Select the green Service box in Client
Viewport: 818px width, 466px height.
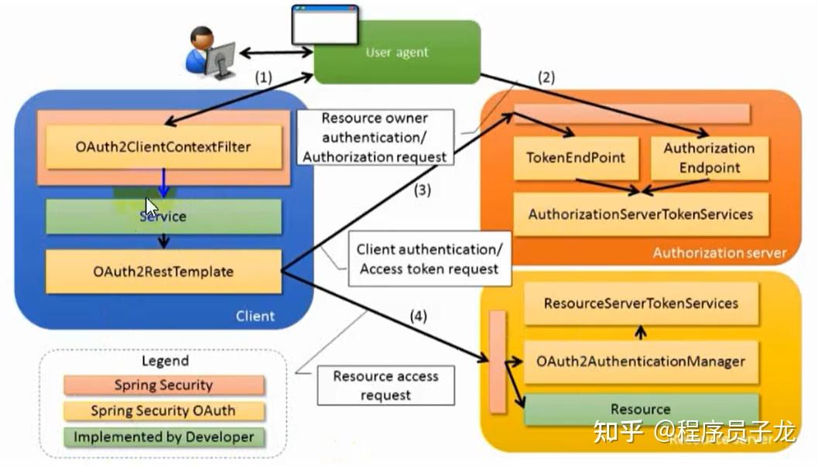(x=163, y=217)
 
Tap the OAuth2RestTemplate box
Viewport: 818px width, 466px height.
(x=163, y=272)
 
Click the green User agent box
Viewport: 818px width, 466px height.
(x=396, y=53)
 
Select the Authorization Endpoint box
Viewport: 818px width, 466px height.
(x=709, y=158)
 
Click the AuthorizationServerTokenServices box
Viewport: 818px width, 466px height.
(x=640, y=214)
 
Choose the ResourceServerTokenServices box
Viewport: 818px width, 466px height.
(x=641, y=303)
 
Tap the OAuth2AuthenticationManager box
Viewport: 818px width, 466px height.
(x=641, y=361)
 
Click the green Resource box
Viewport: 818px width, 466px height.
(x=641, y=409)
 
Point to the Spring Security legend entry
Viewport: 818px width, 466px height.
(x=163, y=385)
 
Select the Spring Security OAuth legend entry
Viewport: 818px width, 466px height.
(x=163, y=411)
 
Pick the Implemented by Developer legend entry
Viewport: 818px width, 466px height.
(x=163, y=437)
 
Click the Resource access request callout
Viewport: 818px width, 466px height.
(x=385, y=385)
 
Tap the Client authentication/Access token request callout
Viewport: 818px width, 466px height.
(x=430, y=259)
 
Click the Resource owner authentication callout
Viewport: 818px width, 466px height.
(x=375, y=138)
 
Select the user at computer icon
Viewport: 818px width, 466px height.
(x=209, y=53)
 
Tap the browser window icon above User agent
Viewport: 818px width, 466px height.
(x=324, y=26)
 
